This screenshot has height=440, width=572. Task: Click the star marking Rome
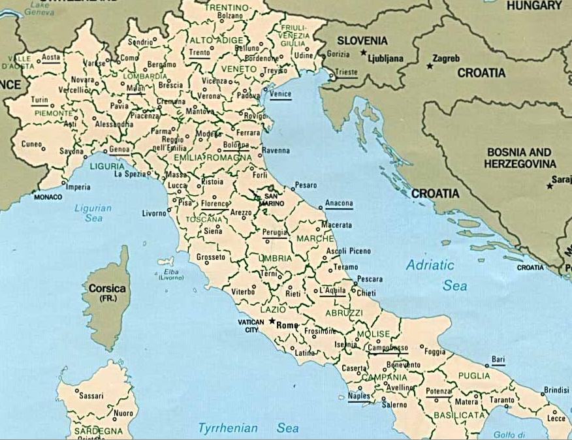(272, 321)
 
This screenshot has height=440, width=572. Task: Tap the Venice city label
(280, 94)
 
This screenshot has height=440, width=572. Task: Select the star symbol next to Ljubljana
(363, 52)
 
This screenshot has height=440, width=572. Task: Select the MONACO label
(48, 196)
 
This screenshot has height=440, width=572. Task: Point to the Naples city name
(359, 396)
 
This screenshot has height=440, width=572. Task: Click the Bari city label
(498, 359)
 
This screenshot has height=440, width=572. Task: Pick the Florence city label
(215, 204)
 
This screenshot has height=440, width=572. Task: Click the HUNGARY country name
(533, 5)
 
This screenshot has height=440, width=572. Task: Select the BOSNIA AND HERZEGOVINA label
(520, 157)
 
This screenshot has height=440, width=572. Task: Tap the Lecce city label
(556, 418)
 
